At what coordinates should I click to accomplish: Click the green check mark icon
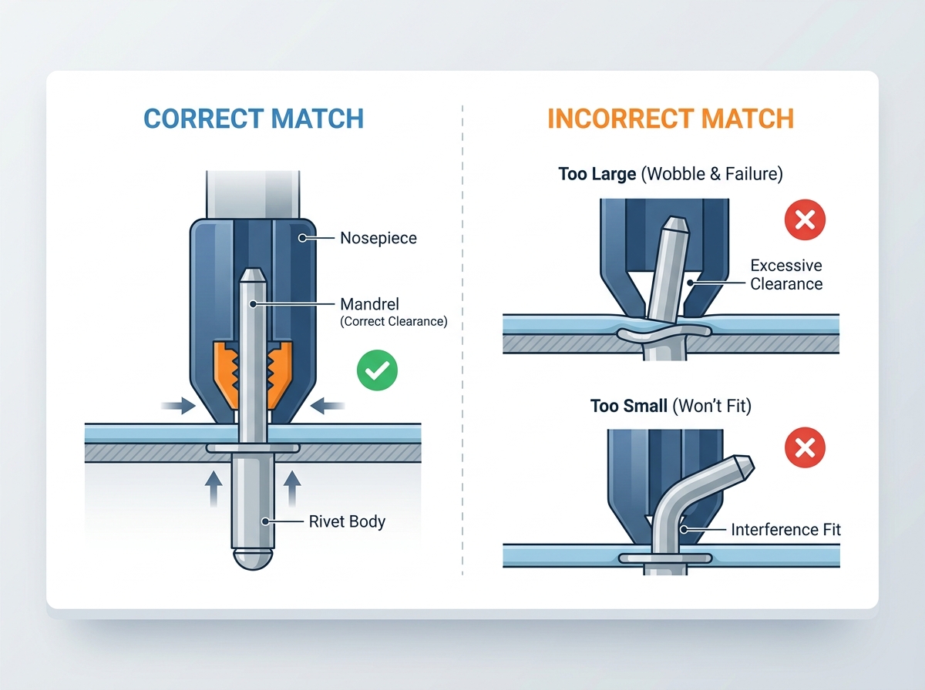(377, 370)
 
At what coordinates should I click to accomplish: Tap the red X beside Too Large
(805, 219)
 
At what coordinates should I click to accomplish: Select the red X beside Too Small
(805, 447)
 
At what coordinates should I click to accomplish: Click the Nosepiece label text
(378, 238)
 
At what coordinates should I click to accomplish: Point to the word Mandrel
(369, 304)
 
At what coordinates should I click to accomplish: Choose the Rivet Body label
(347, 521)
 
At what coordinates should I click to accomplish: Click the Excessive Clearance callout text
(786, 275)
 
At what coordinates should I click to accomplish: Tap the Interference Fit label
(785, 530)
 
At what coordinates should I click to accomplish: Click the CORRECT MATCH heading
(254, 119)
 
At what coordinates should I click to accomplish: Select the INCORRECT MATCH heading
(671, 119)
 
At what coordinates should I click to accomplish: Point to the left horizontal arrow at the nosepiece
(178, 406)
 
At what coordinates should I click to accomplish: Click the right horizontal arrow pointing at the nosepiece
(328, 406)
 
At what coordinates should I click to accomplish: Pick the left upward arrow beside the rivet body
(214, 489)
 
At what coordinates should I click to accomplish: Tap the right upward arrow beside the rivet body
(292, 489)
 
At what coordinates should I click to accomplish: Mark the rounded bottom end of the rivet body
(253, 558)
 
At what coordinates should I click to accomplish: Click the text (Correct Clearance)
(394, 322)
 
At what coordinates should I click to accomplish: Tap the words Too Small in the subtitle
(629, 407)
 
